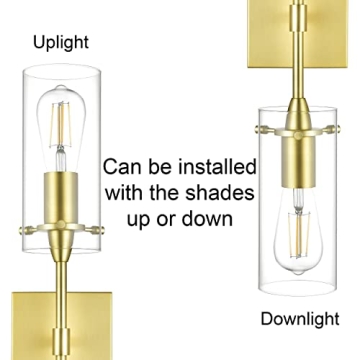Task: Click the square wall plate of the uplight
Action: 55,325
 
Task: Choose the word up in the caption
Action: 154,217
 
